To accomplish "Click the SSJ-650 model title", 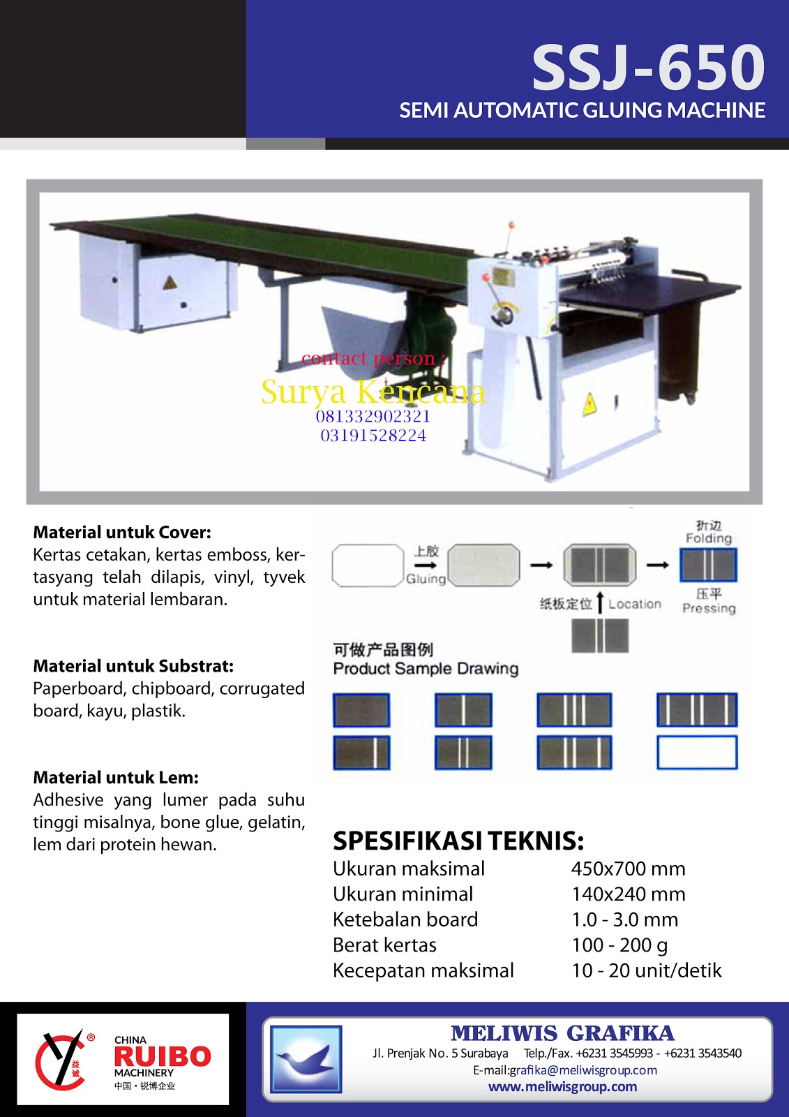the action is coord(648,68).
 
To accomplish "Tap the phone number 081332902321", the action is coord(373,417).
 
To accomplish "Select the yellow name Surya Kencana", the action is coord(373,392).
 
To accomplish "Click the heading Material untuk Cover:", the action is coord(122,533).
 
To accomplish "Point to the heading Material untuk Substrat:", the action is coord(133,666).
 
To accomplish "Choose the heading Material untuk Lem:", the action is coord(116,778).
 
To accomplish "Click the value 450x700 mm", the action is coord(628,869).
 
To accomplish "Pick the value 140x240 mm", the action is coord(628,894).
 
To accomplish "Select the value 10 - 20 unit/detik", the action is coord(646,970).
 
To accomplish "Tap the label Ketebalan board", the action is coord(405,919).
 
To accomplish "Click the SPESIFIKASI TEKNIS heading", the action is coord(458,841).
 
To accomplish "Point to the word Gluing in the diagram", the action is coord(426,579).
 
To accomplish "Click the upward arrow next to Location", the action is coord(600,604).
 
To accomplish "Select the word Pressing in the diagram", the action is coord(709,608).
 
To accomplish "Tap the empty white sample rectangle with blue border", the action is coord(697,753).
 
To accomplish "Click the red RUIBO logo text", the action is coord(162,1056).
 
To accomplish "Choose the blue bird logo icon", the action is coord(306,1058).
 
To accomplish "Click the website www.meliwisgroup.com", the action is coord(562,1087).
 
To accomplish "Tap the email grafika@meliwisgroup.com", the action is coord(583,1070).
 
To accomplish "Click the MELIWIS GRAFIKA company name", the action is coord(562,1033).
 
